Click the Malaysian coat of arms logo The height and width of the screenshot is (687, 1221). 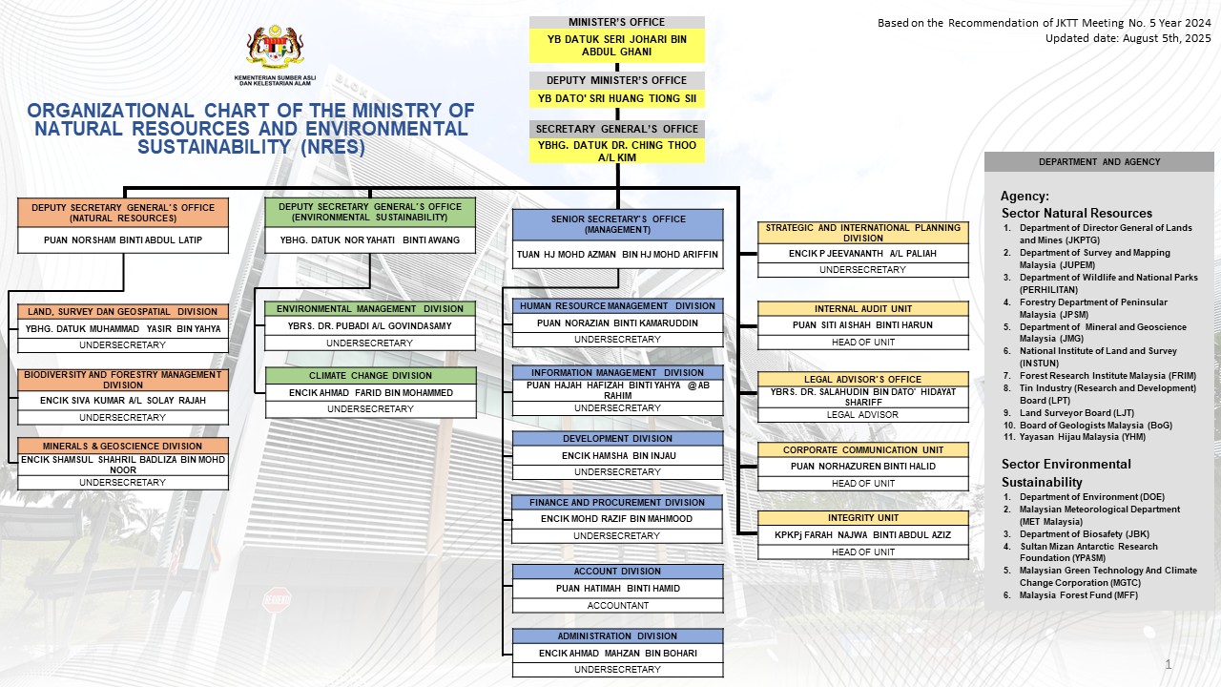275,47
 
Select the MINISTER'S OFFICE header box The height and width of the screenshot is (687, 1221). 616,22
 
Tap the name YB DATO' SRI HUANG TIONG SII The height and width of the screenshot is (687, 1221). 616,98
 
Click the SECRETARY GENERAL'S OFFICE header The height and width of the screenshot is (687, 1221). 616,129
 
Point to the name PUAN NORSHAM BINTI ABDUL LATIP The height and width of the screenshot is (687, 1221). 123,239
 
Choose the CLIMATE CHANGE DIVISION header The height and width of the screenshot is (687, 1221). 371,376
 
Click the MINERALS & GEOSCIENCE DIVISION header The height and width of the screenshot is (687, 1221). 123,446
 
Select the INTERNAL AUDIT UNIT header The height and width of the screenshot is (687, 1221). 863,308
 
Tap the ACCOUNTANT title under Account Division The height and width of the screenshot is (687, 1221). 617,606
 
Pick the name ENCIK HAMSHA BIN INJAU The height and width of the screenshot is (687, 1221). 618,456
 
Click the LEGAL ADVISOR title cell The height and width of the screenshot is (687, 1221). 862,415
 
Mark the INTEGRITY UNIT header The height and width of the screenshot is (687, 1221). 863,518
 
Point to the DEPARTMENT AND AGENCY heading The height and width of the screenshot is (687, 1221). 1099,162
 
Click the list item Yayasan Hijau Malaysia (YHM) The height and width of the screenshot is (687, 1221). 1082,437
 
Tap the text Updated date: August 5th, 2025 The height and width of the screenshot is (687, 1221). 1128,39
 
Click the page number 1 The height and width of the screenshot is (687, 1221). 1169,664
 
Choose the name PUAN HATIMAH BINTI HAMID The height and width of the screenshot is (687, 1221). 617,589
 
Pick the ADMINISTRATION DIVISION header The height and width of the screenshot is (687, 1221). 617,636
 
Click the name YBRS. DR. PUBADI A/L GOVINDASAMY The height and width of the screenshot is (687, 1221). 369,326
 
